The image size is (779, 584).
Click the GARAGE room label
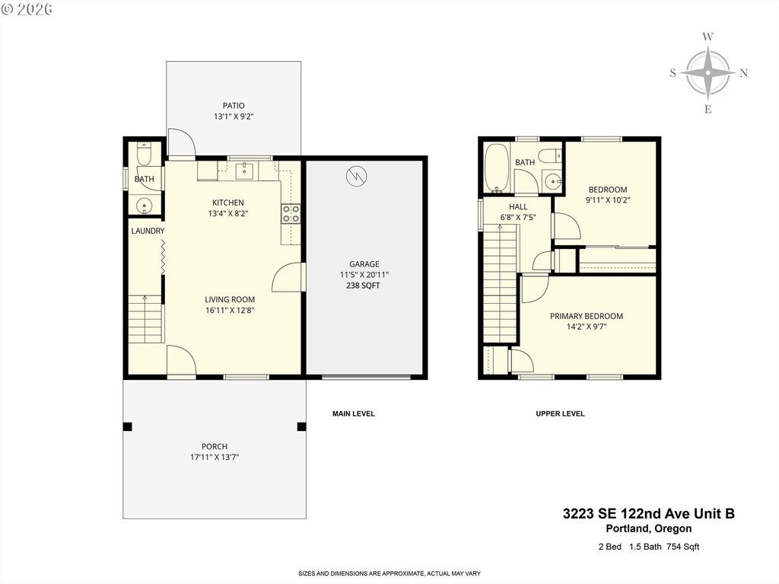click(x=364, y=264)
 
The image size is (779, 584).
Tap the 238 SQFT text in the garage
click(x=363, y=286)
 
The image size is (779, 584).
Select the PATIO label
click(x=234, y=106)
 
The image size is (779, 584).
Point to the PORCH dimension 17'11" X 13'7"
click(x=215, y=457)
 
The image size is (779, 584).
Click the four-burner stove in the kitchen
click(x=291, y=214)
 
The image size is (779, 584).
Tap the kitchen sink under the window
click(x=245, y=171)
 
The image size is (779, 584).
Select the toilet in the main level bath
click(x=144, y=155)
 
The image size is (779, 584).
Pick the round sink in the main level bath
click(x=144, y=205)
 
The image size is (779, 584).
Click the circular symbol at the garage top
click(x=356, y=176)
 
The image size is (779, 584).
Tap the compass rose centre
click(x=708, y=72)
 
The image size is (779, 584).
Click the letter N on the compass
click(x=744, y=73)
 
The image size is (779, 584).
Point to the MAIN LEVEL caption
click(x=353, y=413)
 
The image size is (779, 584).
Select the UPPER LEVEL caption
click(x=560, y=413)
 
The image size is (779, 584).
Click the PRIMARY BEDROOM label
click(x=587, y=316)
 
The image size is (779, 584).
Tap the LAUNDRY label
click(x=148, y=231)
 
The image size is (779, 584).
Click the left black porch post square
click(x=127, y=427)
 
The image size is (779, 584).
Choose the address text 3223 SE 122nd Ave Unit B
click(x=648, y=513)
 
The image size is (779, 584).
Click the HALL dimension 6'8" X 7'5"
click(x=517, y=218)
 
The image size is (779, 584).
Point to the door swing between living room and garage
click(x=283, y=276)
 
